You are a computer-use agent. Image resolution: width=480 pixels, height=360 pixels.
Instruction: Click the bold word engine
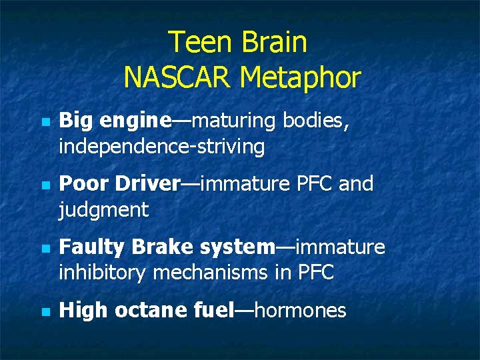tap(137, 122)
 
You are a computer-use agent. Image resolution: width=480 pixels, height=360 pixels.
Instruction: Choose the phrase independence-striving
tap(162, 147)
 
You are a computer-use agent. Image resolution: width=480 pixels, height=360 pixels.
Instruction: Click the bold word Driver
tap(148, 183)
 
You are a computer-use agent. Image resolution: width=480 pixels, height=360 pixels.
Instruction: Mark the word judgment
tap(103, 211)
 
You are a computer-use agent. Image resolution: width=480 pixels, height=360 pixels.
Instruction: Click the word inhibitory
tap(103, 273)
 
